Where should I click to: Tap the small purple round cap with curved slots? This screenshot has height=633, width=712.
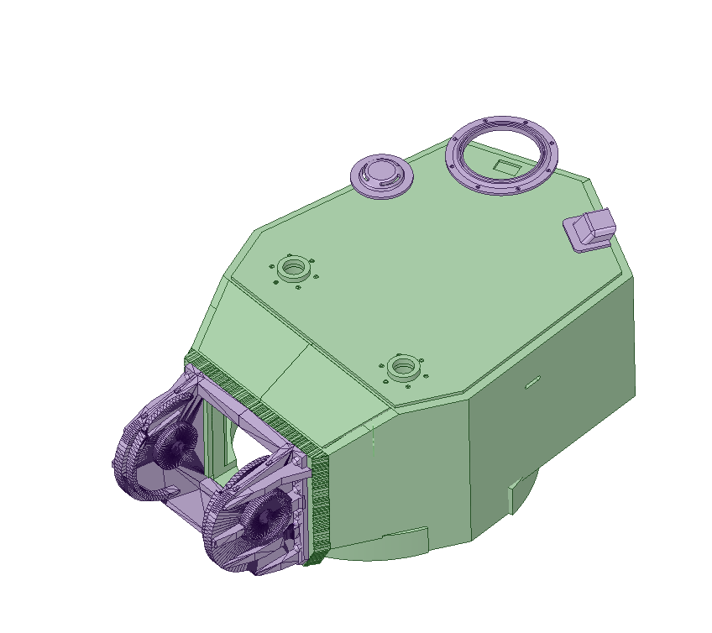tap(381, 175)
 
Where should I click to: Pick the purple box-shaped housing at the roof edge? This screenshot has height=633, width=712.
tap(593, 226)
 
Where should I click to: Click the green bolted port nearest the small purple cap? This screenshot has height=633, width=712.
tap(294, 269)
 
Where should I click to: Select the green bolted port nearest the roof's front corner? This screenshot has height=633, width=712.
tap(404, 367)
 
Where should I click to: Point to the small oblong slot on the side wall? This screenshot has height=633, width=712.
tap(531, 384)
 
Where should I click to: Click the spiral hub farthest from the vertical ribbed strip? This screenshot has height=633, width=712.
tap(175, 442)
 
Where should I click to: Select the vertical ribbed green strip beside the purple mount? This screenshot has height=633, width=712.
tap(319, 504)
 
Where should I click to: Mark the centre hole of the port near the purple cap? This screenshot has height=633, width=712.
tap(294, 269)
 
